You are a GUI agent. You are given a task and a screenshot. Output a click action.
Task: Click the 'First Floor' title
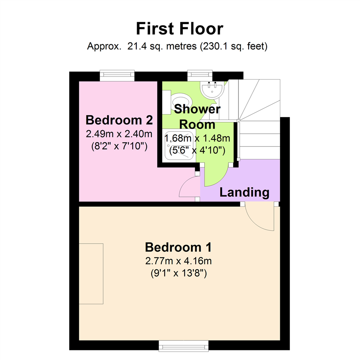coord(179,29)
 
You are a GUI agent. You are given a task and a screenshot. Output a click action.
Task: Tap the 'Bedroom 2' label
coord(119,120)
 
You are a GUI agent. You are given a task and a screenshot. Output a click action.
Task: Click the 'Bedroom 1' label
coord(179,248)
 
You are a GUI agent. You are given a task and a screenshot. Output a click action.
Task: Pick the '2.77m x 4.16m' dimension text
coord(179,261)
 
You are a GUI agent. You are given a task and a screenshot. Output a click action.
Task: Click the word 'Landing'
coord(244,192)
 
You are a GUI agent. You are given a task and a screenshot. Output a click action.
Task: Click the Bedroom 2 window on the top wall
coord(117,76)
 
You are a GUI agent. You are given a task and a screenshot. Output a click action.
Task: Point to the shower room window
coord(200,76)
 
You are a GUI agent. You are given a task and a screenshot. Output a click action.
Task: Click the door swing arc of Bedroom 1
coord(258,218)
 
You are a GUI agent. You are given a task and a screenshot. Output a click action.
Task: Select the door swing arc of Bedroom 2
coord(188,188)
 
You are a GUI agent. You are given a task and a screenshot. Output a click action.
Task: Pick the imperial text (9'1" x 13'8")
coord(179,274)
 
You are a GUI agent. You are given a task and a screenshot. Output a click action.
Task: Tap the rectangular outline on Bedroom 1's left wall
coord(91,274)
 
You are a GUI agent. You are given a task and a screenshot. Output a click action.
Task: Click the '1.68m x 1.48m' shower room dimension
coord(198,137)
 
